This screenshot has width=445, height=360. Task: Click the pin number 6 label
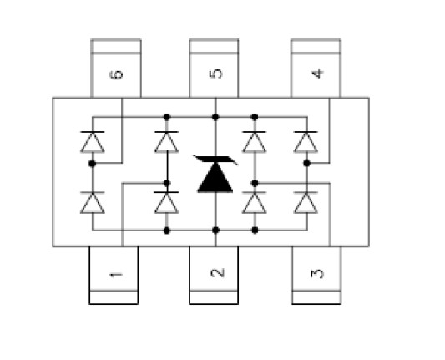coord(116,74)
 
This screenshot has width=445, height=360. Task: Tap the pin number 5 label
coord(216,74)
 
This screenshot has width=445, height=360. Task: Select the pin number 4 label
coord(317,74)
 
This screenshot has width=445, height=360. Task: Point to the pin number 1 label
coord(116,275)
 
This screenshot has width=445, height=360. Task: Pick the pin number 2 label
coord(218,272)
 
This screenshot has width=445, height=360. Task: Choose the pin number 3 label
coord(317,273)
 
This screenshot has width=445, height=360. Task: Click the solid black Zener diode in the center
coord(215,174)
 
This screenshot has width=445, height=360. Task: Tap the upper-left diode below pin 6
coord(93,142)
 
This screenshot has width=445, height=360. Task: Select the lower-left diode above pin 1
coord(93,202)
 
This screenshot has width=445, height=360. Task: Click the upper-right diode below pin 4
coord(306,142)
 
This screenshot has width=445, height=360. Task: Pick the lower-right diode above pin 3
coord(306,202)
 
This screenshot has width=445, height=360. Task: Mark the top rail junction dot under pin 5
coord(215,117)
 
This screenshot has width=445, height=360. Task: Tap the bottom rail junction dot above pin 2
coord(215,231)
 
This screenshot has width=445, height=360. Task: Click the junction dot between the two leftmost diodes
coord(92,164)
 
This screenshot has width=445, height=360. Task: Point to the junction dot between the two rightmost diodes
coord(306,163)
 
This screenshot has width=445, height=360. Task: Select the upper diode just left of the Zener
coord(167,142)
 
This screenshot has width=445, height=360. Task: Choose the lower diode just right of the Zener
coord(255,202)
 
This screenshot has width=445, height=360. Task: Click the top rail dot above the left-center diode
coord(167,117)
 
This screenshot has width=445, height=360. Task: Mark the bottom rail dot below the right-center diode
coord(255,231)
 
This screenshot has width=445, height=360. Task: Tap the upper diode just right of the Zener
coord(255,142)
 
